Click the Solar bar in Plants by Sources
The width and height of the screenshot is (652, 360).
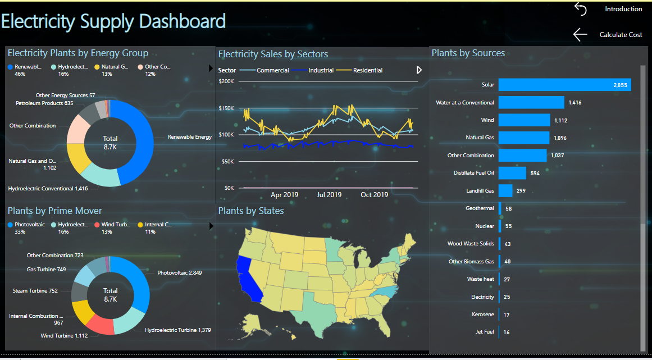[565, 85]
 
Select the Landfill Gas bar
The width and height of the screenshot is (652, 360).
[505, 191]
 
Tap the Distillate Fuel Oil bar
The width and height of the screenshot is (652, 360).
[512, 173]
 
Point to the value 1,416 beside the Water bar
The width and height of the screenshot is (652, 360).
[575, 103]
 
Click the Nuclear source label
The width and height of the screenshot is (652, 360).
[485, 226]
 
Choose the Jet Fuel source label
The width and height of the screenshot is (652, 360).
[485, 332]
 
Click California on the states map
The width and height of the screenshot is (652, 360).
[248, 279]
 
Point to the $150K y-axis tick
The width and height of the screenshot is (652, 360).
[227, 108]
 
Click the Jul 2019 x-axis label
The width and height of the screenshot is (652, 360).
[329, 194]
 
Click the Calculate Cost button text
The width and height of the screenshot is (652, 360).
[621, 35]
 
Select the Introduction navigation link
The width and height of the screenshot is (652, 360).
[623, 9]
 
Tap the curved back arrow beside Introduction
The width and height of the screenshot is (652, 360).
[581, 9]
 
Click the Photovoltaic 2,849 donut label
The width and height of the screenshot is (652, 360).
[180, 273]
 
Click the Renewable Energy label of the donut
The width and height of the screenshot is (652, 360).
[190, 137]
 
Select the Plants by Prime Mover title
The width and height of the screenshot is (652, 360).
[55, 211]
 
